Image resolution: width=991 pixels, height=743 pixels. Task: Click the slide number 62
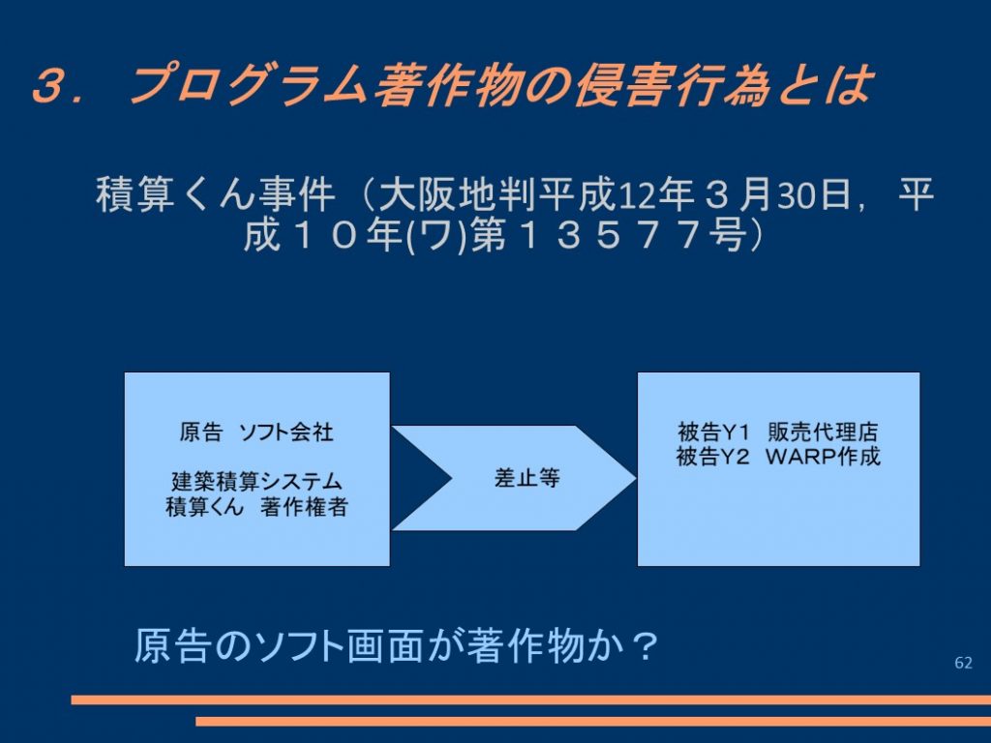click(x=963, y=663)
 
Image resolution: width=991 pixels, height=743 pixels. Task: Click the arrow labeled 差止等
click(x=513, y=478)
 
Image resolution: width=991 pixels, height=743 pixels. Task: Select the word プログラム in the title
click(x=248, y=84)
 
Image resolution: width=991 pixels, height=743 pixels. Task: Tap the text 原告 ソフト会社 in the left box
click(x=256, y=432)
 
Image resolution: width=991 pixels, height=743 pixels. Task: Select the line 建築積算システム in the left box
click(x=256, y=482)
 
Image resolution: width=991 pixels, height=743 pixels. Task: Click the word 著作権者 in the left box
click(x=304, y=507)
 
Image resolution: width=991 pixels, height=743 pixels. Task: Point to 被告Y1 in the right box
click(x=713, y=432)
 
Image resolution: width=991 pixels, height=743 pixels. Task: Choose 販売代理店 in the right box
click(x=823, y=432)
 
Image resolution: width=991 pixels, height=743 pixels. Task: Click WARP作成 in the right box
click(x=823, y=457)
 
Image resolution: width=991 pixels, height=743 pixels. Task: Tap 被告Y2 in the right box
click(x=712, y=457)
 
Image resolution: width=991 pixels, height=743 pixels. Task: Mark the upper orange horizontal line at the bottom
click(x=531, y=699)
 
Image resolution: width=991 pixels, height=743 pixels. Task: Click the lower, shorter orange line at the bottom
click(x=593, y=721)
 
